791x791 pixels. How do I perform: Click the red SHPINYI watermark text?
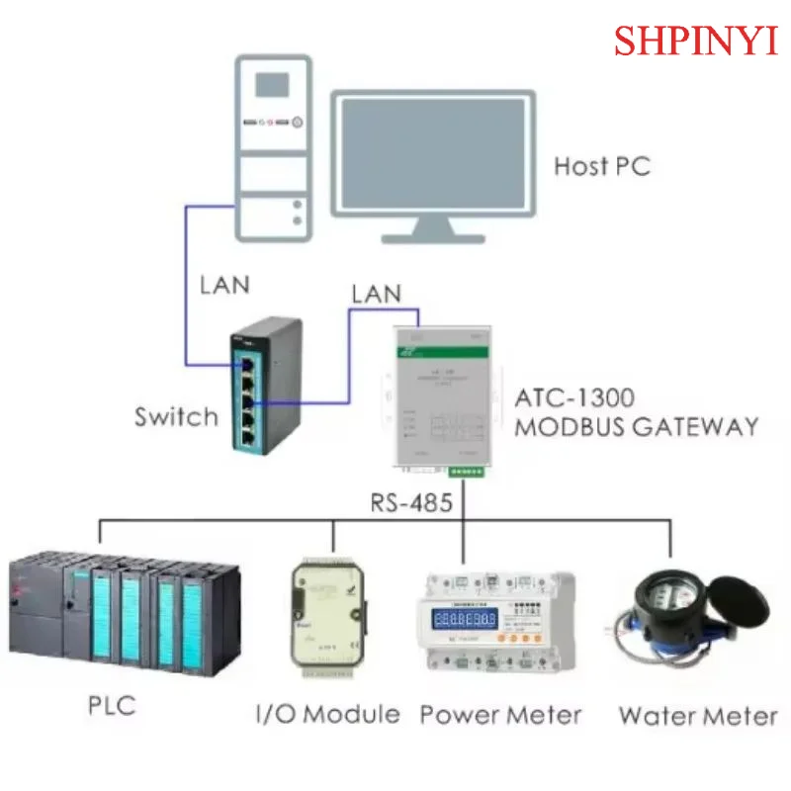696,41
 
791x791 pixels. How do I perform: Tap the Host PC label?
601,166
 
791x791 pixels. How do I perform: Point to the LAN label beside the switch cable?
224,285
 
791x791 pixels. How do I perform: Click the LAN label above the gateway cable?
376,294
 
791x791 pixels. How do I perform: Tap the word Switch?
176,416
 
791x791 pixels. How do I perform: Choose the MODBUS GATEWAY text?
636,427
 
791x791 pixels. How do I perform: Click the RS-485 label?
411,502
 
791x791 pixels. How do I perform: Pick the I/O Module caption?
327,714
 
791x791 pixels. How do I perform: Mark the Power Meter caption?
500,714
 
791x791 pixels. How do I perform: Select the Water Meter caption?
697,714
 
